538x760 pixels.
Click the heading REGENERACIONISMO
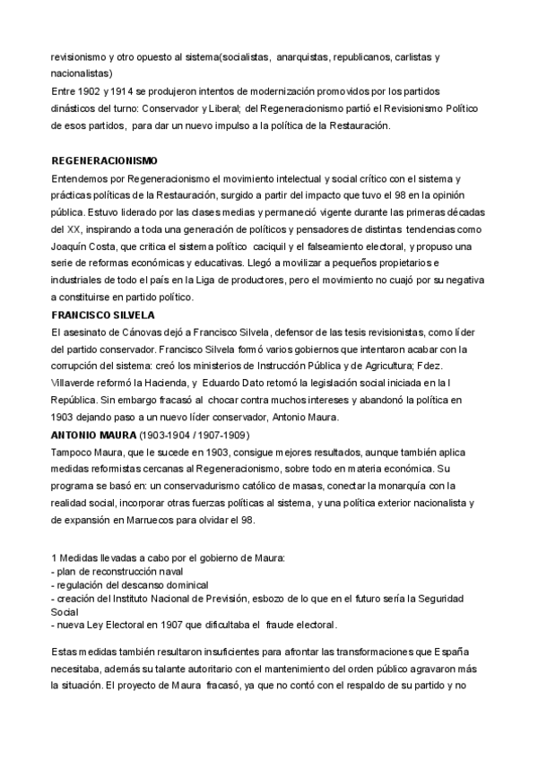pos(106,161)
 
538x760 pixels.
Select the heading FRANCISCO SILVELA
pos(104,315)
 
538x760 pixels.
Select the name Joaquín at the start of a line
pos(73,229)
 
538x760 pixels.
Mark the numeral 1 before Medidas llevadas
pos(56,557)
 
